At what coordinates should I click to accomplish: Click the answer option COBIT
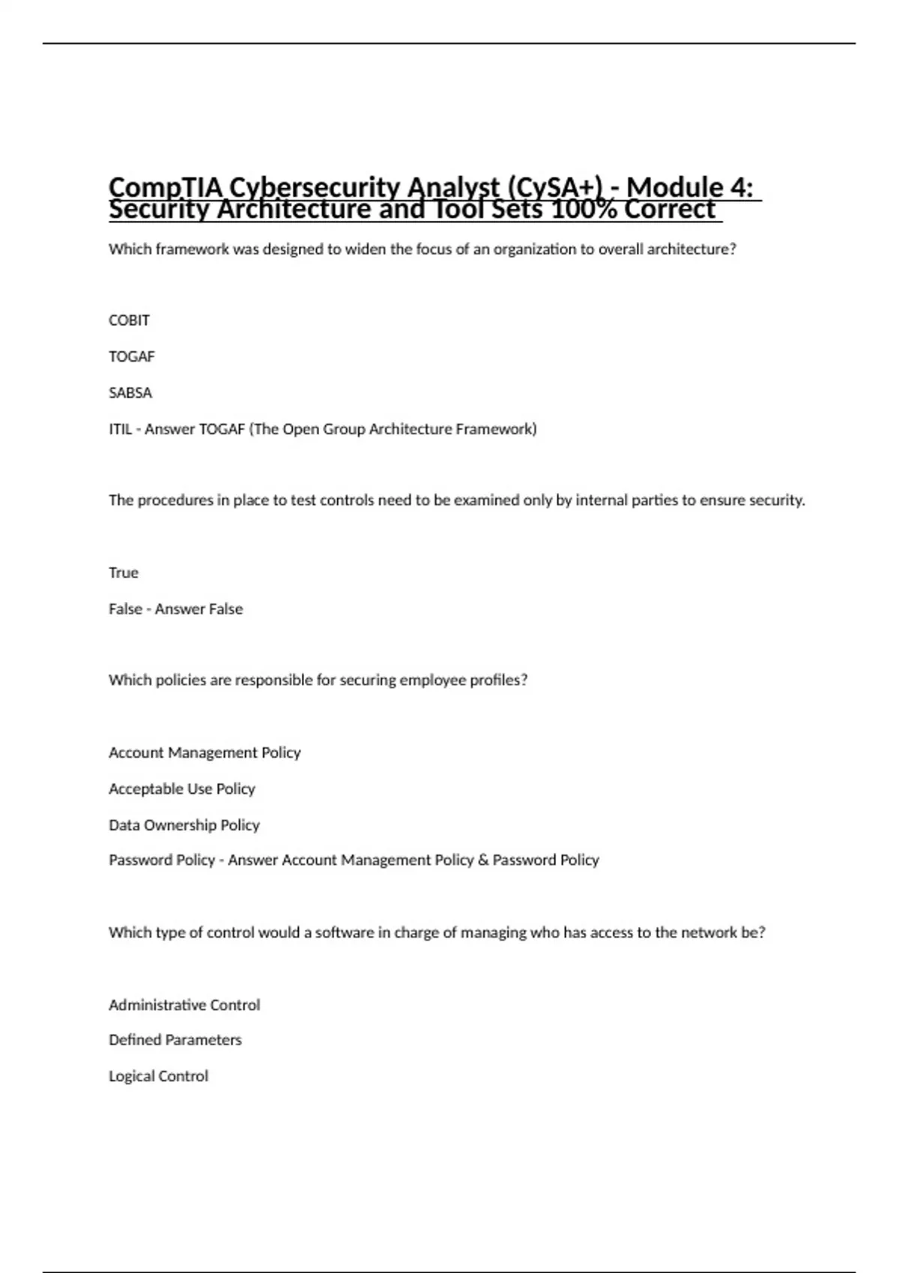tap(129, 320)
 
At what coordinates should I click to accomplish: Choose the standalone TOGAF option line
tap(132, 356)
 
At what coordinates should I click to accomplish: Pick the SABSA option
tap(130, 393)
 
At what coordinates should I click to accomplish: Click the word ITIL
tap(120, 429)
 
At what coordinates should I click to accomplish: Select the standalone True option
tap(124, 573)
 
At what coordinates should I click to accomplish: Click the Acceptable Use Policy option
tap(182, 789)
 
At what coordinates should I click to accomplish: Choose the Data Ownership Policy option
tap(184, 825)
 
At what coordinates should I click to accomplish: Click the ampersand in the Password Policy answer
tap(483, 860)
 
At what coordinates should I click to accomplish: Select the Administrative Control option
tap(184, 1005)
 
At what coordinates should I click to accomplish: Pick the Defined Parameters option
tap(175, 1040)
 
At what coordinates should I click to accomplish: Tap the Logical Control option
tap(159, 1076)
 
